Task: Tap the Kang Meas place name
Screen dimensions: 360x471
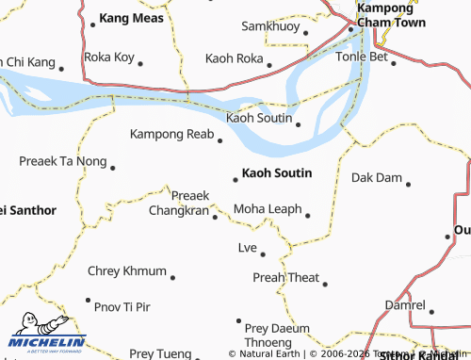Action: click(131, 19)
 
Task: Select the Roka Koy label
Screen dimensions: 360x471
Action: click(109, 57)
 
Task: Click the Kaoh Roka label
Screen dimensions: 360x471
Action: click(234, 58)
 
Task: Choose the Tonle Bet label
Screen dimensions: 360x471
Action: click(362, 57)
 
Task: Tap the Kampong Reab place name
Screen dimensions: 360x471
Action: click(171, 135)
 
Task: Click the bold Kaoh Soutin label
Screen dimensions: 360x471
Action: click(277, 173)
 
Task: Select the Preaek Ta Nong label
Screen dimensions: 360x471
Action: click(63, 162)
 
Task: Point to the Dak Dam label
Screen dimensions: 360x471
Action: click(376, 177)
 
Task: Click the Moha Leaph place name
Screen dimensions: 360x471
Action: click(268, 208)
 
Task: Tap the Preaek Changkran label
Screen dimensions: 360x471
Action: click(178, 204)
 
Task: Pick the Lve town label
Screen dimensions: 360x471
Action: click(247, 248)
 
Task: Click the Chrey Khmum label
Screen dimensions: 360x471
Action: click(126, 271)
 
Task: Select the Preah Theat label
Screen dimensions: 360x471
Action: click(286, 277)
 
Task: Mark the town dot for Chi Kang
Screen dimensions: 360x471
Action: click(61, 68)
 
